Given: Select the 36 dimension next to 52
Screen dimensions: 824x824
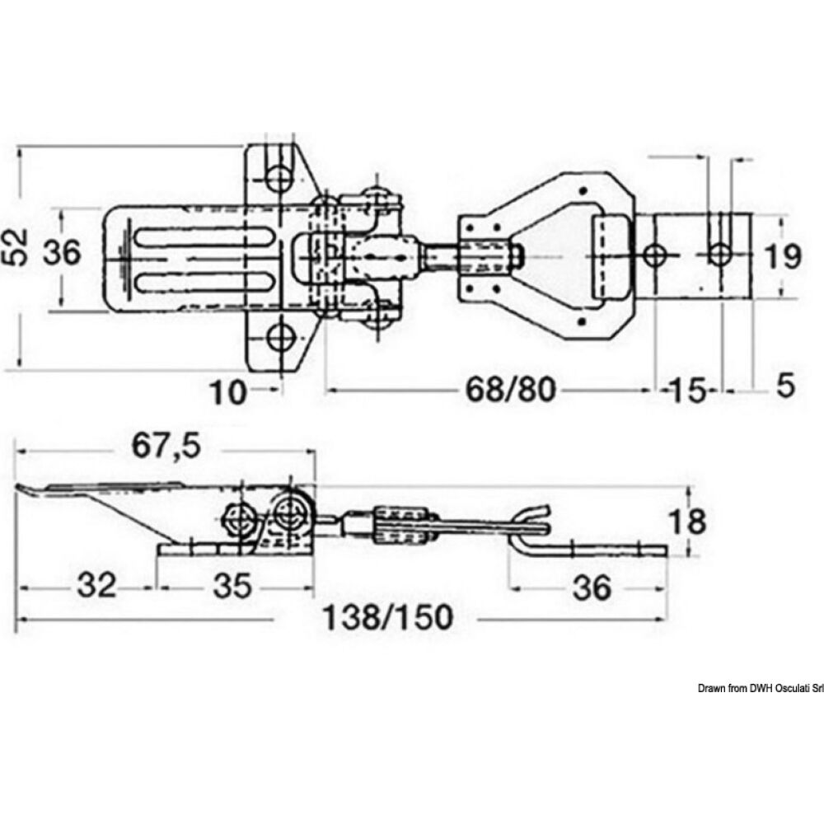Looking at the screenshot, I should (x=62, y=254).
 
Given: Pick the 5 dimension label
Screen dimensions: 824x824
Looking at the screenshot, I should (x=785, y=385).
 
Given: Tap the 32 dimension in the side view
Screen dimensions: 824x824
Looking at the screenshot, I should (x=96, y=587).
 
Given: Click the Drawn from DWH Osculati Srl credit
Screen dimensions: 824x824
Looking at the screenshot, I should (x=761, y=688).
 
